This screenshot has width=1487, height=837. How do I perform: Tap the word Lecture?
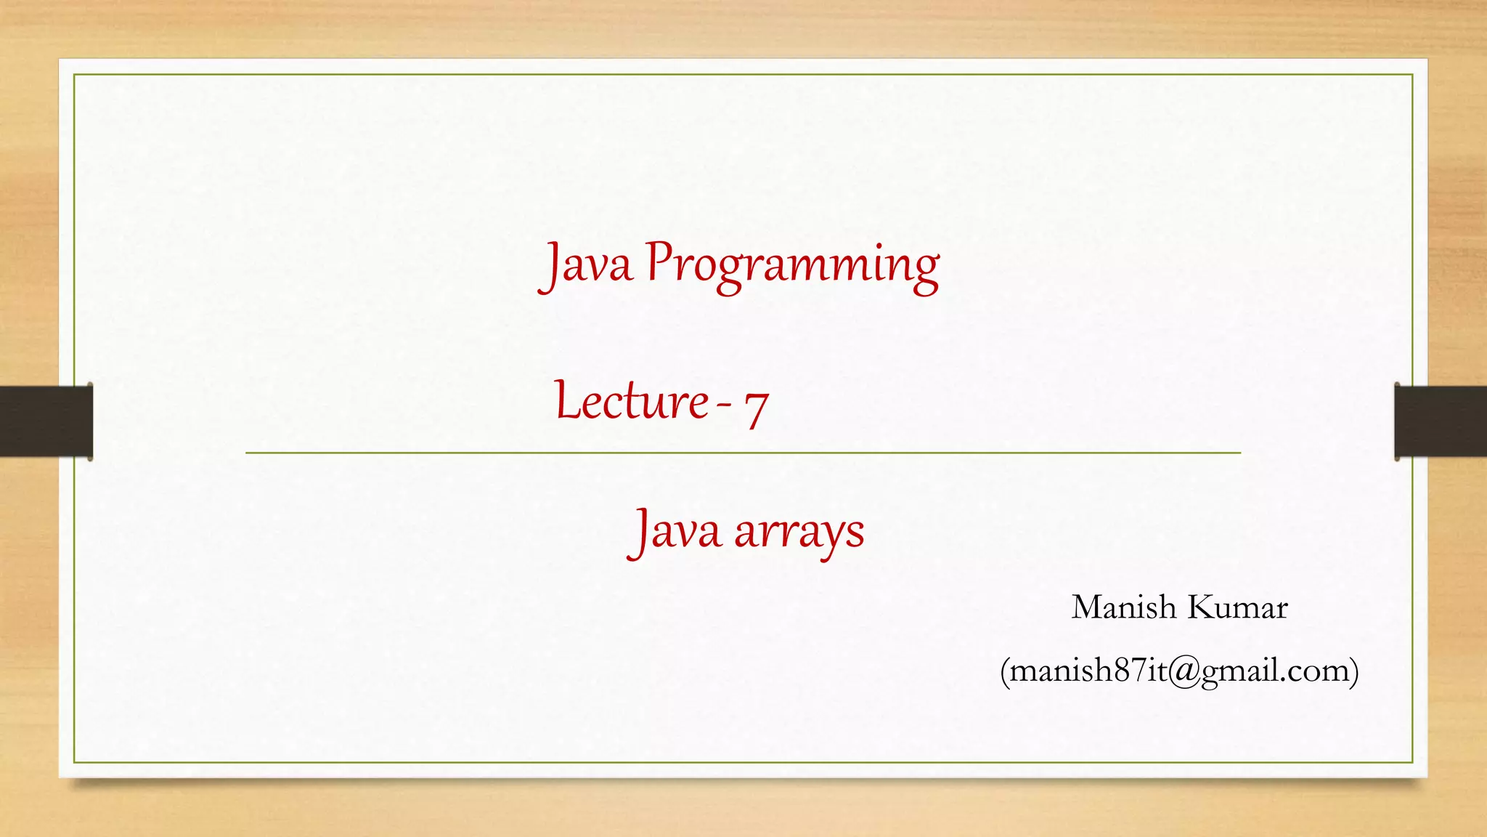(x=632, y=402)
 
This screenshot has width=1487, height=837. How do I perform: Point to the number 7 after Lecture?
(x=756, y=408)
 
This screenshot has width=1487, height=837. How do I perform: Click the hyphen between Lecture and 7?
(x=724, y=405)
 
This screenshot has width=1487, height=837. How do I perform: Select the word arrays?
(x=799, y=533)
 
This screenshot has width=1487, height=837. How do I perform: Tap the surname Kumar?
(x=1237, y=607)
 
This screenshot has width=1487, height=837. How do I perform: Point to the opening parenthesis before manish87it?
(x=1005, y=671)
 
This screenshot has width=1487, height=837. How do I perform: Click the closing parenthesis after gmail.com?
(x=1353, y=671)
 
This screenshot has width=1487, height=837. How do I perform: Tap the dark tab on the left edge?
(x=46, y=421)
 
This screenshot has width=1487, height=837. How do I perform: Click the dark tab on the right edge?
(x=1441, y=421)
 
